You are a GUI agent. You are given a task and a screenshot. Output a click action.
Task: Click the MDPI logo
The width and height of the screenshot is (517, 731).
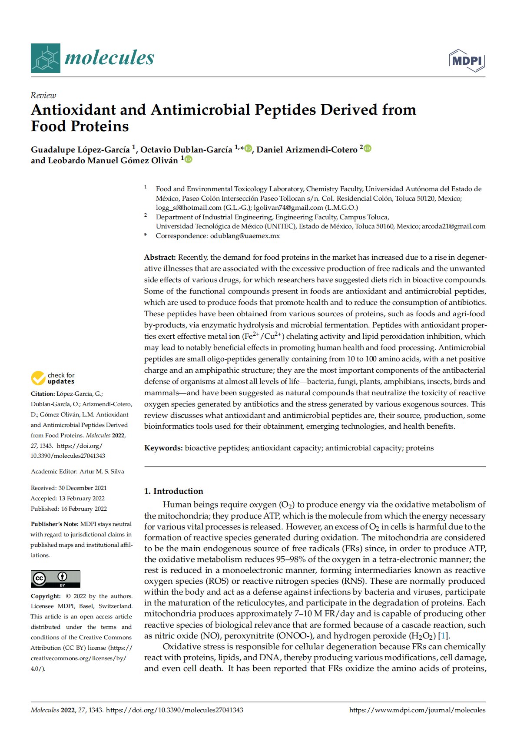[x=467, y=61]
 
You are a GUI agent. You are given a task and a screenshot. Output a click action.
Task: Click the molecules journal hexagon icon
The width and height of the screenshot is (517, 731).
[x=45, y=58]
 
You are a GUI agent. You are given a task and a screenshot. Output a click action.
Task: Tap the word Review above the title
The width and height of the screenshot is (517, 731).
[x=43, y=96]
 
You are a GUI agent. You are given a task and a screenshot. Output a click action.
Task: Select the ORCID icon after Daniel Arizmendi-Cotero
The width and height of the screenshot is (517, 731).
[x=368, y=149]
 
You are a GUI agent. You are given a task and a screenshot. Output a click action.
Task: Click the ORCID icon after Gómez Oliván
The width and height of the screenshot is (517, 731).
[x=188, y=159]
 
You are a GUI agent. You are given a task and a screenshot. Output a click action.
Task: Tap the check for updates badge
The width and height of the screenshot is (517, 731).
[x=53, y=378]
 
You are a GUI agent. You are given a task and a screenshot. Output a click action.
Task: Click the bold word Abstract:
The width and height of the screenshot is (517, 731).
[x=160, y=257]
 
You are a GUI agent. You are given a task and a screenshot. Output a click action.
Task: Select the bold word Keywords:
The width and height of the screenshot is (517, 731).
[x=163, y=448]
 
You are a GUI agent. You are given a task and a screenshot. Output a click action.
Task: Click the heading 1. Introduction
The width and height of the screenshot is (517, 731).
[x=174, y=491]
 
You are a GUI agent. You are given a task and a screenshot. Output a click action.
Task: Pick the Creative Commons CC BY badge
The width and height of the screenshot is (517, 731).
[x=55, y=579]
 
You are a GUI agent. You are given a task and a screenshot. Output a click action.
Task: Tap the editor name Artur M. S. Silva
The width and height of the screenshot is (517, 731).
[x=102, y=471]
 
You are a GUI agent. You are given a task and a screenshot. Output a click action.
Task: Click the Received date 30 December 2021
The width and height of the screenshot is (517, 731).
[x=83, y=488]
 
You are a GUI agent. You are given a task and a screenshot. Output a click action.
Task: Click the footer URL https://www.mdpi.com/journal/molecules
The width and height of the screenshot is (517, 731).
[x=417, y=710]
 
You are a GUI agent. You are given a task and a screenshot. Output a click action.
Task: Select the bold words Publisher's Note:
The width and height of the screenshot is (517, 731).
[x=55, y=524]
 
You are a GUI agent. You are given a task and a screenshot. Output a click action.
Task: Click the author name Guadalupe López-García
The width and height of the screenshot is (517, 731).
[x=80, y=149]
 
